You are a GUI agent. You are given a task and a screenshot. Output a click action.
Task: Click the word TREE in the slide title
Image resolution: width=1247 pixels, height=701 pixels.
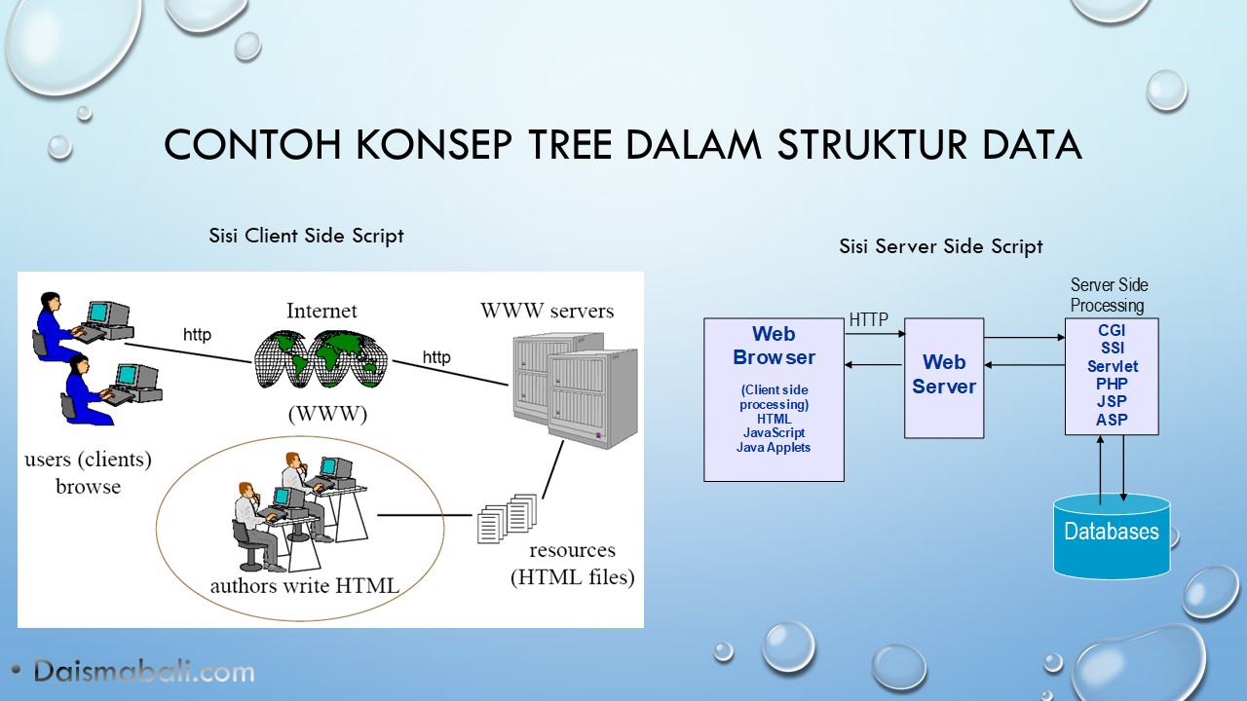click(571, 144)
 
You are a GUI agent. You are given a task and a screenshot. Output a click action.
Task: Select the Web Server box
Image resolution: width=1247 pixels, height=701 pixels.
click(944, 378)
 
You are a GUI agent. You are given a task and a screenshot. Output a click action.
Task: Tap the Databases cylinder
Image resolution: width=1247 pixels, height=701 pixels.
click(1112, 535)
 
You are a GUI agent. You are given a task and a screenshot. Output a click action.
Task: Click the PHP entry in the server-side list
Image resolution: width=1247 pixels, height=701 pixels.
click(1112, 384)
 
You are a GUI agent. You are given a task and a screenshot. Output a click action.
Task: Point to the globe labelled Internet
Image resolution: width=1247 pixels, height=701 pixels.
click(321, 359)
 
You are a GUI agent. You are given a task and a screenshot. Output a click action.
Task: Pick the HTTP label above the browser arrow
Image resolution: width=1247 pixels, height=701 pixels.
click(868, 320)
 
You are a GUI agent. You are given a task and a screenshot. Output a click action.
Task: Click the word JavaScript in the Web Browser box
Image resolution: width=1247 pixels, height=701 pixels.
click(774, 433)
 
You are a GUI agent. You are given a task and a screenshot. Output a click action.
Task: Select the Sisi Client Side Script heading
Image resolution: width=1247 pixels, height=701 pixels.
click(306, 236)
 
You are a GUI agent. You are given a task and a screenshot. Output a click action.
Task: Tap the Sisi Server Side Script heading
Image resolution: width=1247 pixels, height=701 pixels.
click(941, 246)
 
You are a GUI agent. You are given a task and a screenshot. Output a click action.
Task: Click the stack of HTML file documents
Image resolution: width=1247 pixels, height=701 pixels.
click(508, 518)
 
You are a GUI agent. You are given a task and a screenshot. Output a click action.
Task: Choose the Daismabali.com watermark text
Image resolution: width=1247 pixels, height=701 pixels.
click(144, 672)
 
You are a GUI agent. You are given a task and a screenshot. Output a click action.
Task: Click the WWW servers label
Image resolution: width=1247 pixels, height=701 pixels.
click(548, 311)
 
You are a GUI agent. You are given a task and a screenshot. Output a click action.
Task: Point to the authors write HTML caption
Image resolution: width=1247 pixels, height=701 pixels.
click(305, 585)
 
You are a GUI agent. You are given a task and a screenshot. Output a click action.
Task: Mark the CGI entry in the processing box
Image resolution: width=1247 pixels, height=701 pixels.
click(1112, 330)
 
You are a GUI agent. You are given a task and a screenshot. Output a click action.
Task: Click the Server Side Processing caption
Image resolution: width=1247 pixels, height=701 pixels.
click(1109, 295)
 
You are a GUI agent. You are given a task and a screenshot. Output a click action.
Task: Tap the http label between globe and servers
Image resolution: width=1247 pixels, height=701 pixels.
click(436, 357)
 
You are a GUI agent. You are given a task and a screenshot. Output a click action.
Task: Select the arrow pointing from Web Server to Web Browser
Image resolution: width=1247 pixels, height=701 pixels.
click(873, 365)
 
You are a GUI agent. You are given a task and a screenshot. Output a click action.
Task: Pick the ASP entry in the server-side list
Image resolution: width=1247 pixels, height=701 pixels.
click(1112, 420)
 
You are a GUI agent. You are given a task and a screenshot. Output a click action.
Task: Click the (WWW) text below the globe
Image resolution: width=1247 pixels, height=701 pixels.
click(327, 414)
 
